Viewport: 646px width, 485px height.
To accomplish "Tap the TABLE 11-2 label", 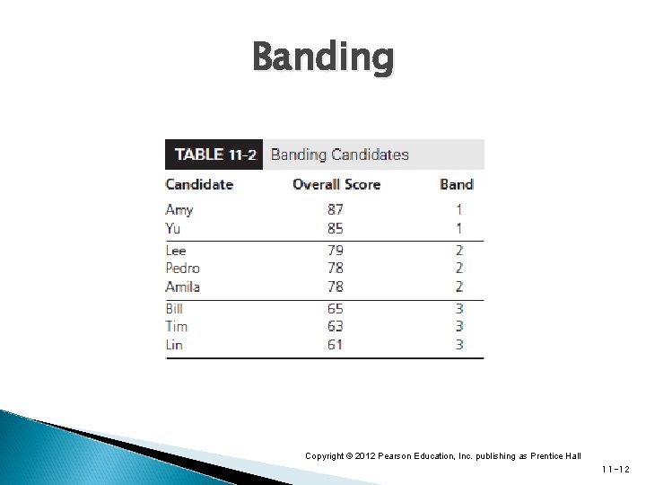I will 214,154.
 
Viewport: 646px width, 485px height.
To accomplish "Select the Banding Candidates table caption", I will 339,154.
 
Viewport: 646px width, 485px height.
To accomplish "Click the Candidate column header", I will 199,184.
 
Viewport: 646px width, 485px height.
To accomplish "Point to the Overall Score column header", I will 336,184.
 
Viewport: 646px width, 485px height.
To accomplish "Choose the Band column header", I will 456,184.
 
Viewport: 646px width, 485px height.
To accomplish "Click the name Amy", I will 179,210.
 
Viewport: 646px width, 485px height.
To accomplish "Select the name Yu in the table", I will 174,228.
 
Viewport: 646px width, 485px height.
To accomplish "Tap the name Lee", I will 177,251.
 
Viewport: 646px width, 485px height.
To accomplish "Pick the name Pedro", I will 183,269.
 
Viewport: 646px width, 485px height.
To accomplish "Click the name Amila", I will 183,287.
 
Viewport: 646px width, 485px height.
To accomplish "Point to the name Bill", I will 175,309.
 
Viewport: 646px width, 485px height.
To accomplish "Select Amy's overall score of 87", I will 335,210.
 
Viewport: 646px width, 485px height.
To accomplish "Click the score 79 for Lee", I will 335,251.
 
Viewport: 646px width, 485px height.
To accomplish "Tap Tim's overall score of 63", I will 335,327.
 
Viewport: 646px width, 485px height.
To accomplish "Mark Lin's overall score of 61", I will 335,345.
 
